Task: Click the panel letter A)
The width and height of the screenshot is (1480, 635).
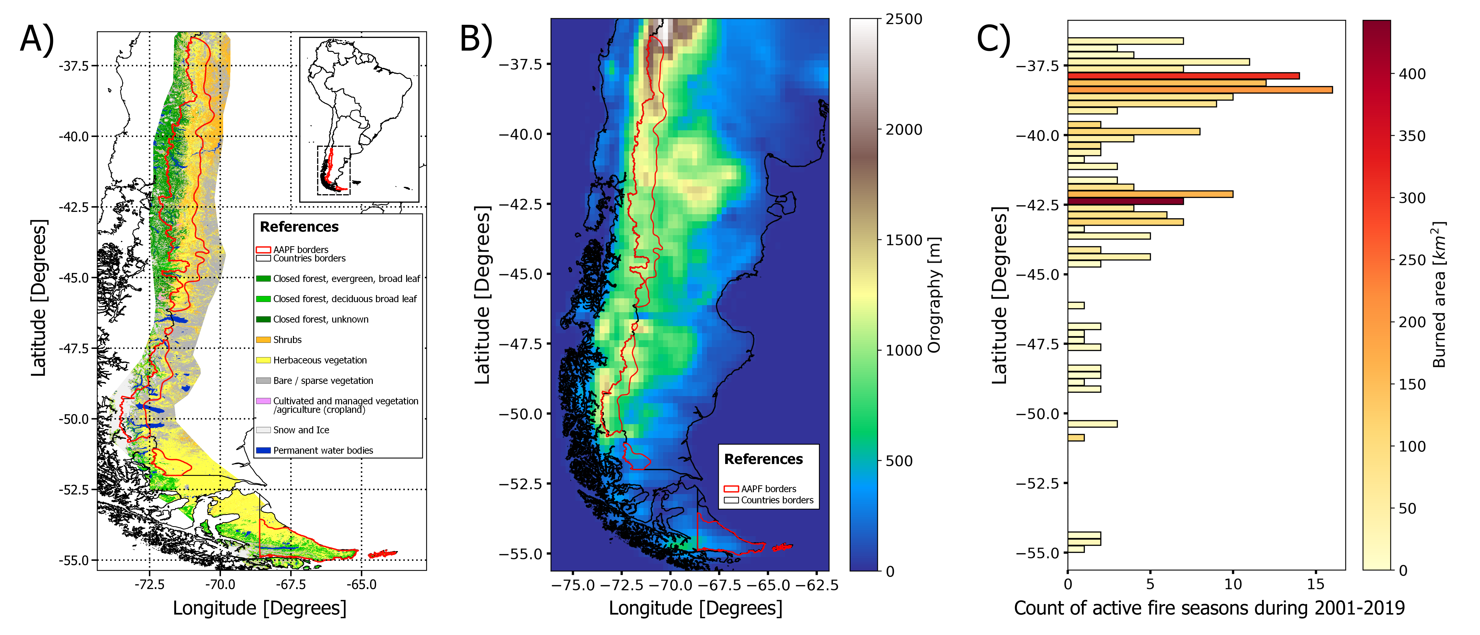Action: (x=37, y=39)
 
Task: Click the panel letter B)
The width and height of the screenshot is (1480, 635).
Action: (x=476, y=39)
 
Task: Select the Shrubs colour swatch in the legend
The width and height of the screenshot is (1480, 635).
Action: (x=263, y=340)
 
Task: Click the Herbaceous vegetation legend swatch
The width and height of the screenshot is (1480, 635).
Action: (x=263, y=360)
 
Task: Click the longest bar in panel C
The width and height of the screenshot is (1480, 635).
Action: (x=1200, y=90)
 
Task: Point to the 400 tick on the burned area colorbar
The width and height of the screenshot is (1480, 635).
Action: (x=1412, y=74)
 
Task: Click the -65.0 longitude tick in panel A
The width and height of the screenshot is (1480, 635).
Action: (x=361, y=584)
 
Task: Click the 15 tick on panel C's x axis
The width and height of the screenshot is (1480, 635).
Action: (x=1316, y=584)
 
